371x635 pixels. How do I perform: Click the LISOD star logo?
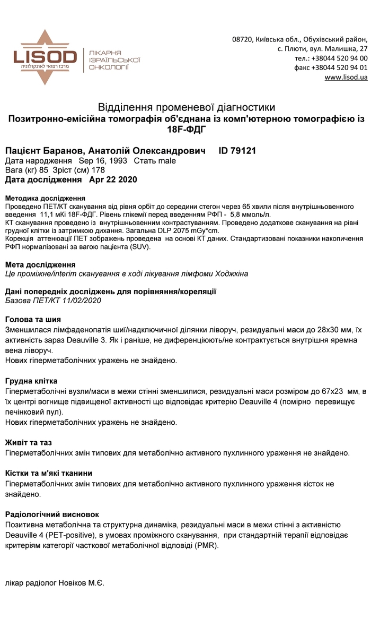point(45,57)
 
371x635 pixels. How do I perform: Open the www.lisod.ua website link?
point(346,78)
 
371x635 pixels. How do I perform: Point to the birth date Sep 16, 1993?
point(103,161)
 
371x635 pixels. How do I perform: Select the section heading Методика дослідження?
point(45,198)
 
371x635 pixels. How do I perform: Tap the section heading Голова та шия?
point(33,320)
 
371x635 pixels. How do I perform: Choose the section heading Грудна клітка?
point(31,381)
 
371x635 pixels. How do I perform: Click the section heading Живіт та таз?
point(29,442)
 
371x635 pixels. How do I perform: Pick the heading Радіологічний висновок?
point(52,514)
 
